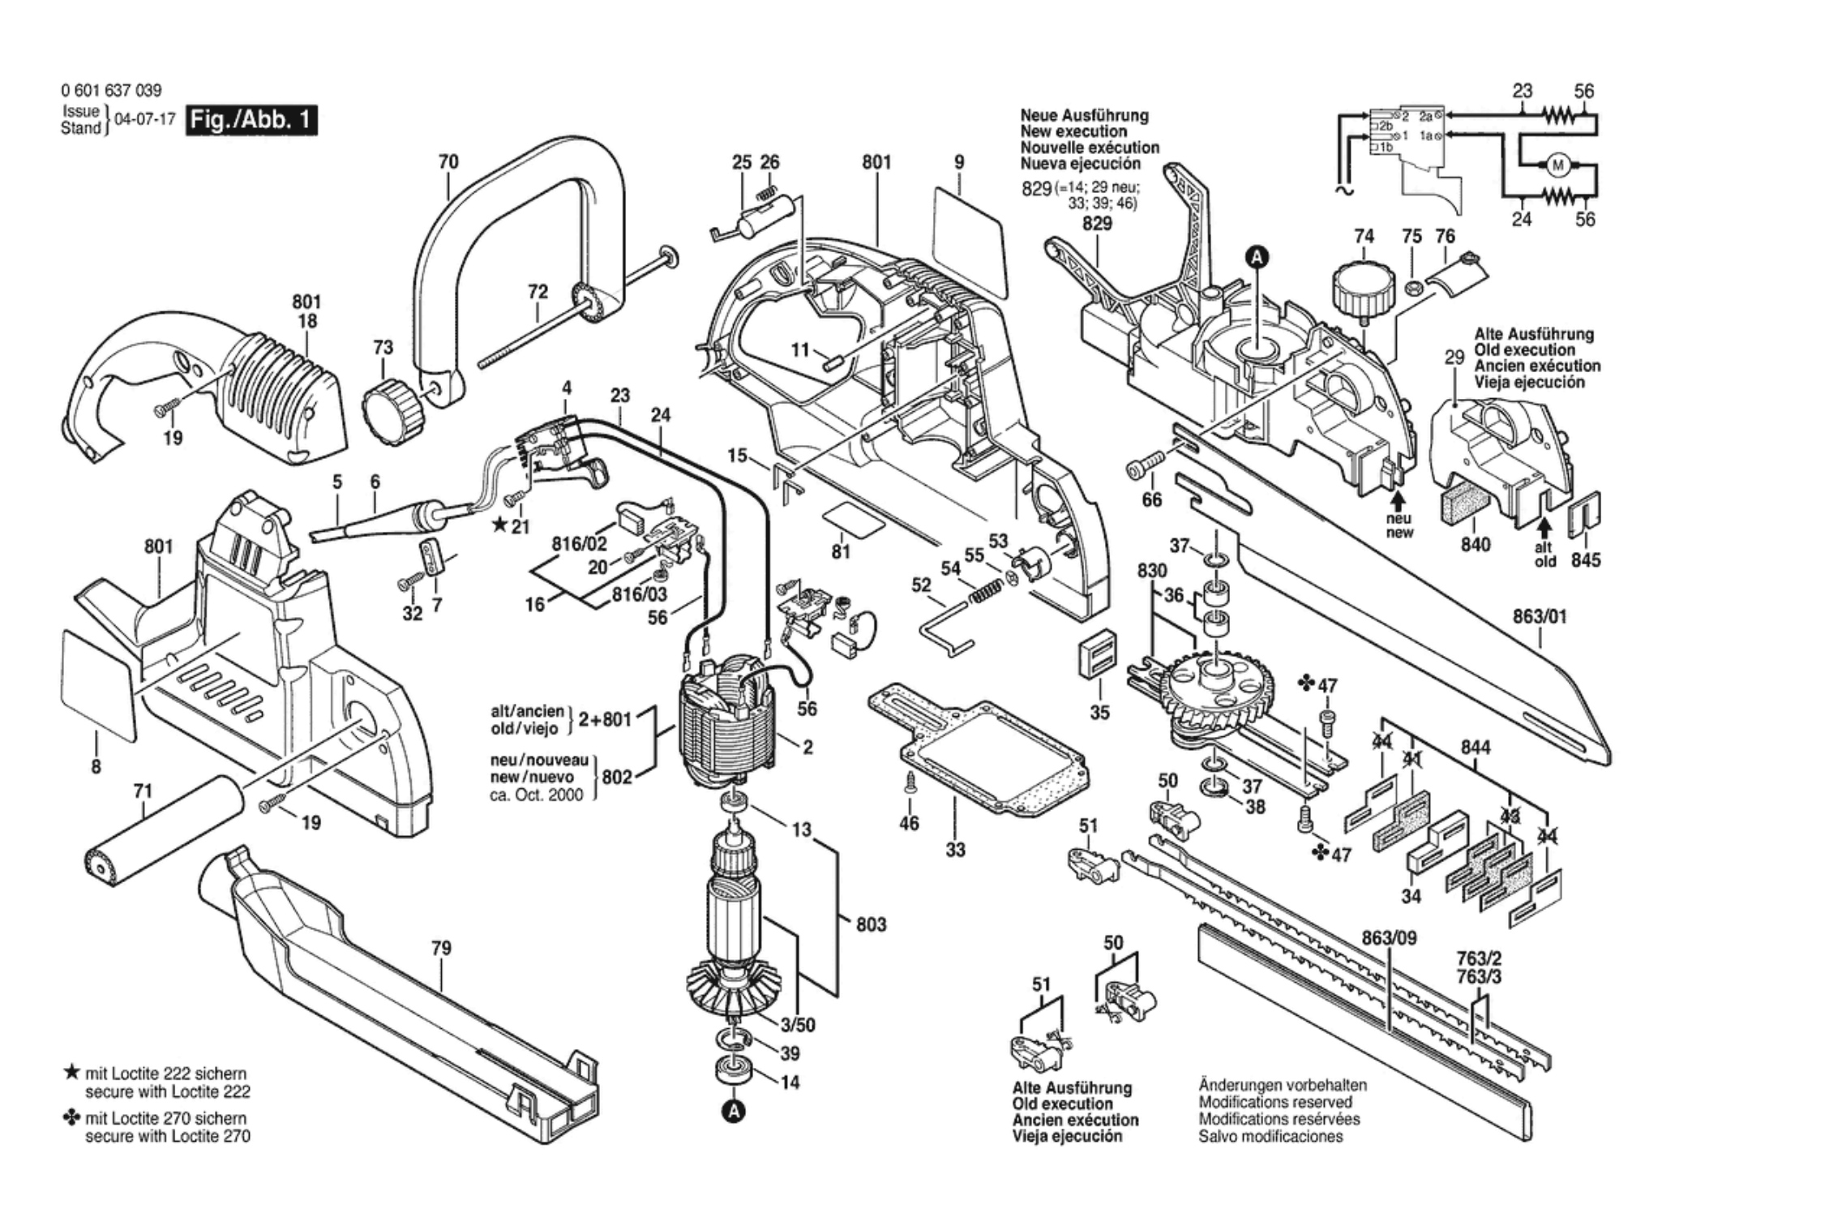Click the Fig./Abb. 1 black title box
pos(251,120)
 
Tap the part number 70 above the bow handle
pos(448,162)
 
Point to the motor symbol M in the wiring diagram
pos(1557,166)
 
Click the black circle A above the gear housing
pos(1257,257)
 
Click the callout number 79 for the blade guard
pos(441,948)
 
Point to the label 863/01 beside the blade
pos(1540,617)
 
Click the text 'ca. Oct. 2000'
pos(536,795)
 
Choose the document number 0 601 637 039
pos(111,91)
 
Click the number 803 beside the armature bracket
pos(871,924)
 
